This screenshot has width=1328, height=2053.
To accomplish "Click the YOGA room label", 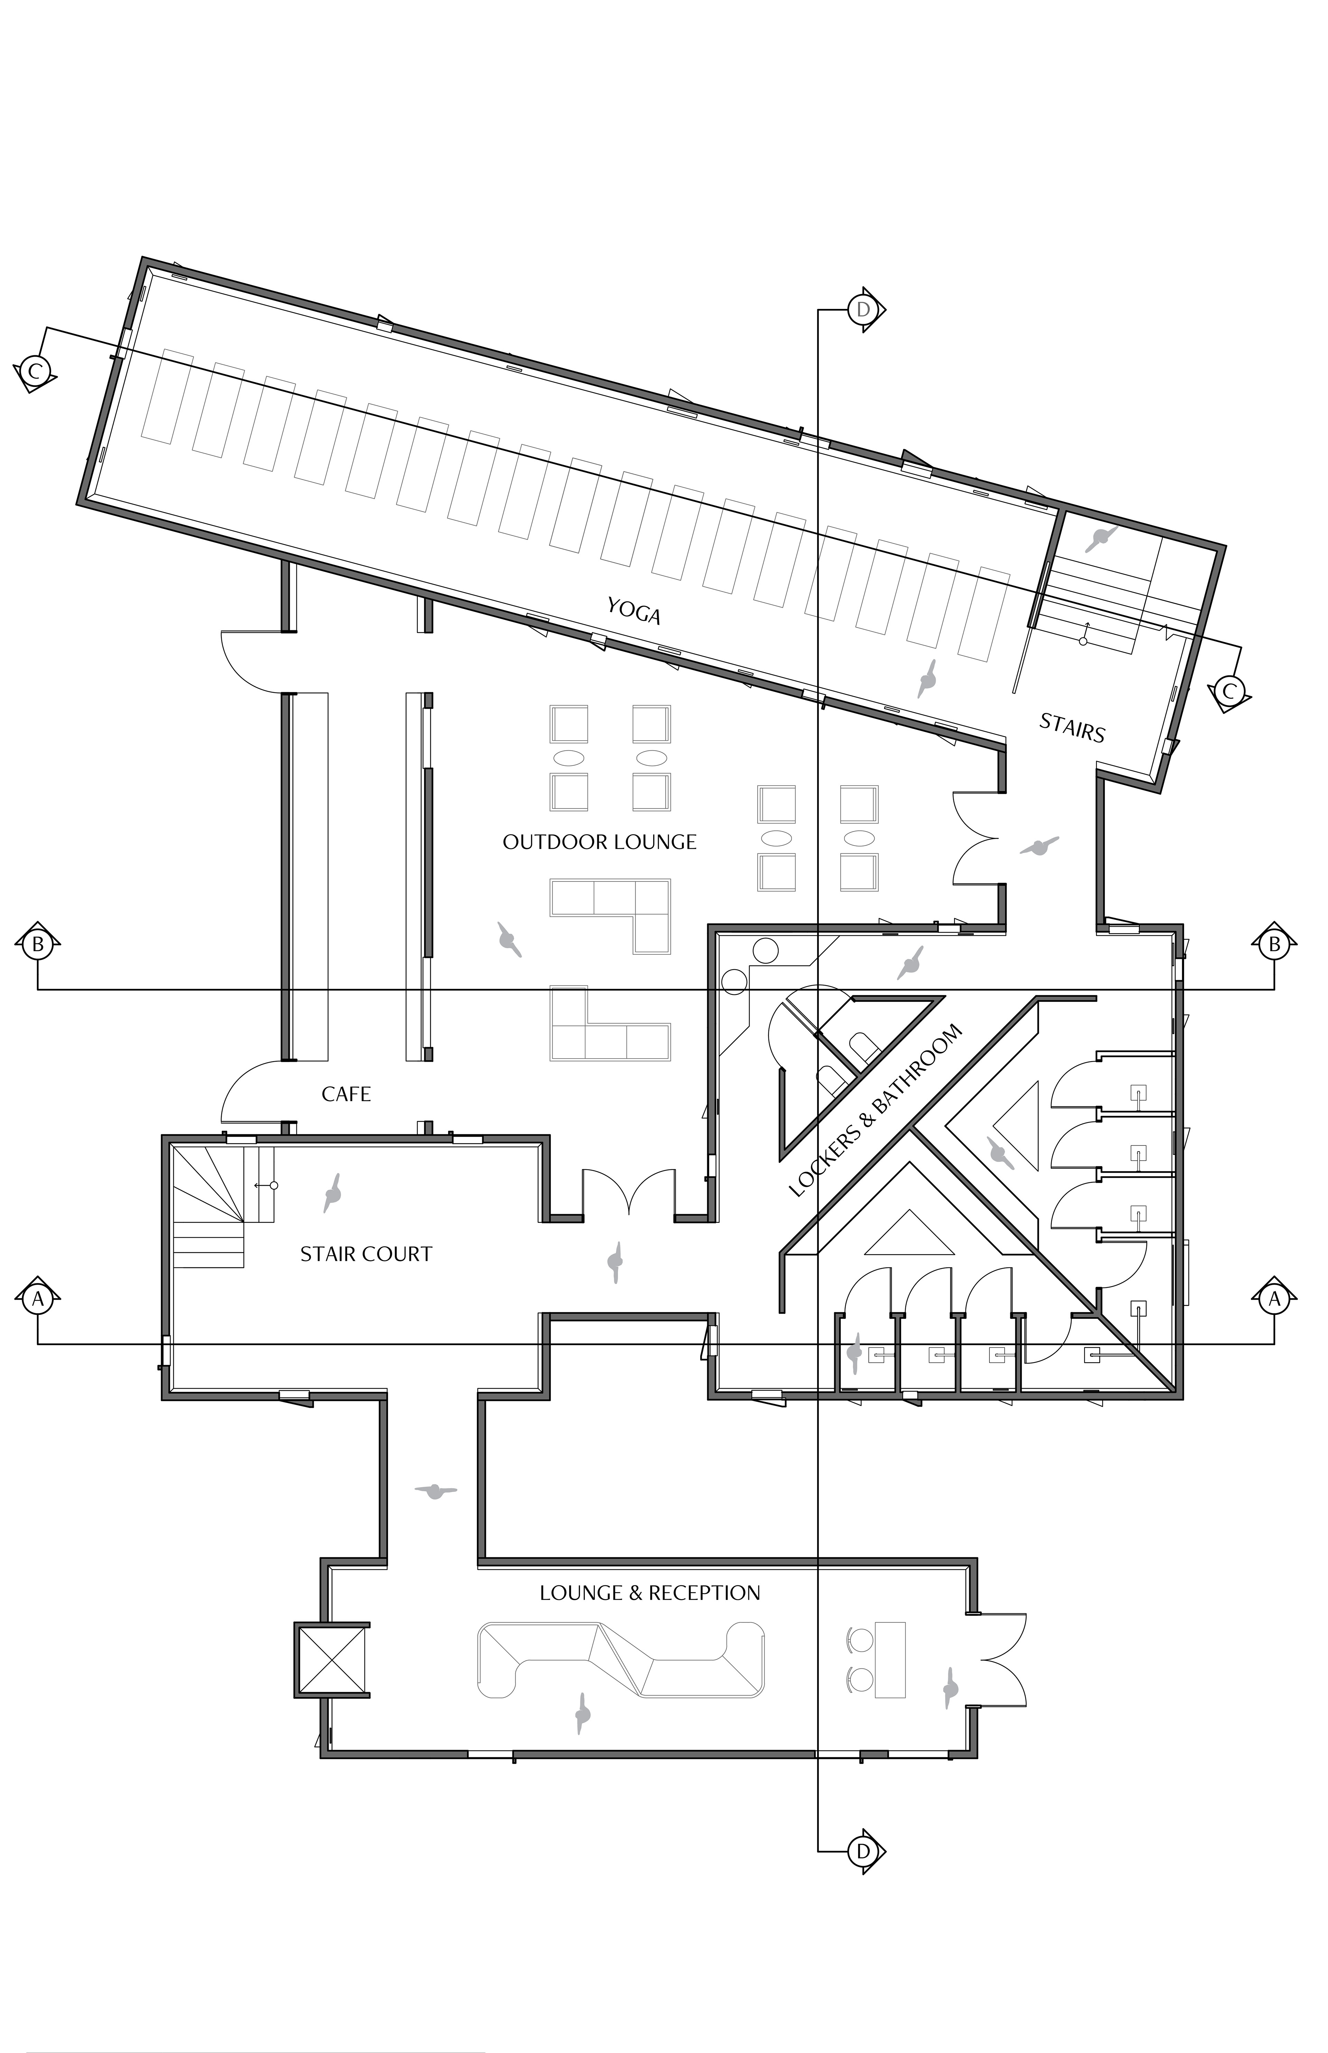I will click(634, 611).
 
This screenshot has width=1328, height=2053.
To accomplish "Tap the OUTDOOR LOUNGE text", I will click(599, 842).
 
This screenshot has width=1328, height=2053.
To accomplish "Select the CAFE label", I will click(346, 1094).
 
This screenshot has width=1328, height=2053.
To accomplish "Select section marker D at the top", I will click(863, 309).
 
